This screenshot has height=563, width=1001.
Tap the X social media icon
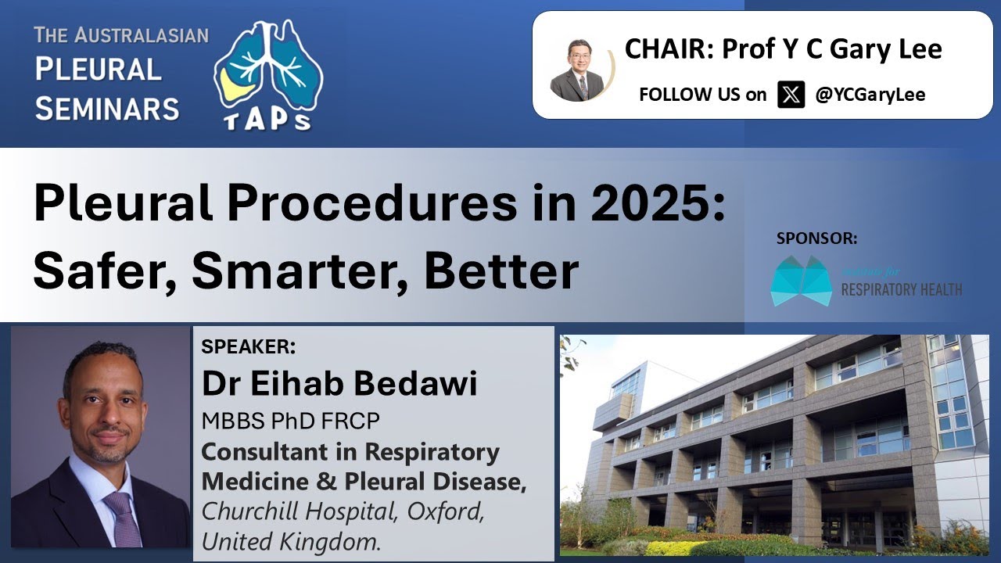click(791, 95)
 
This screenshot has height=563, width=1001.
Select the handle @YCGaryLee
click(870, 95)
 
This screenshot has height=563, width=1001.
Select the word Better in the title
click(502, 271)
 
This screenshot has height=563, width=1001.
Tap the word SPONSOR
click(816, 238)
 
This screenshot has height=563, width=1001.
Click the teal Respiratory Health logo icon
click(800, 280)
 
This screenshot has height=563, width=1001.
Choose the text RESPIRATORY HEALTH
click(901, 290)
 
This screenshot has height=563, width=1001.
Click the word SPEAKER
click(248, 346)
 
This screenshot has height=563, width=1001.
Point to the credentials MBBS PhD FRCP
click(290, 421)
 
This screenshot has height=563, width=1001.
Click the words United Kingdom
click(291, 541)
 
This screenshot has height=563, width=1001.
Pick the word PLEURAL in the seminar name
click(98, 70)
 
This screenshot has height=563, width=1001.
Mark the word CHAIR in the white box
click(667, 49)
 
